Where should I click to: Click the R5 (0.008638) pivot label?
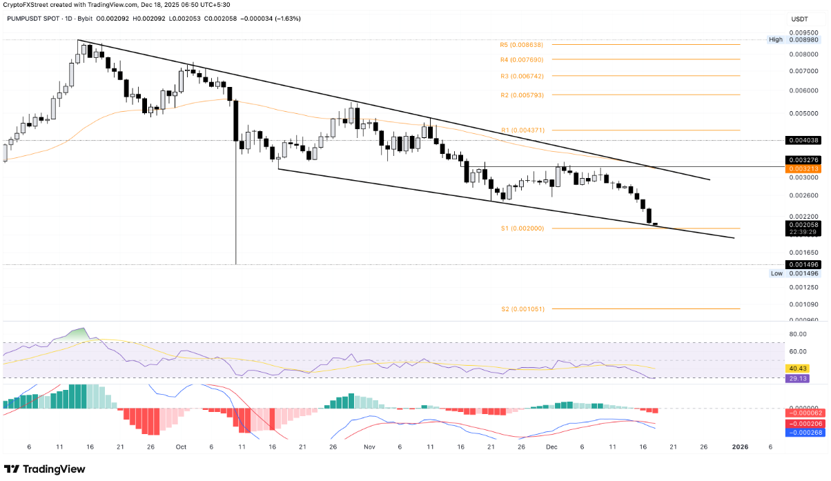point(522,45)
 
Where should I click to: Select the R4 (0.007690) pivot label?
point(522,60)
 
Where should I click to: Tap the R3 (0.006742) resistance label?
point(522,76)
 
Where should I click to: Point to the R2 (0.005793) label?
point(522,95)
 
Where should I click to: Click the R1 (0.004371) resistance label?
point(522,130)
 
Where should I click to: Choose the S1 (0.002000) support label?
point(522,228)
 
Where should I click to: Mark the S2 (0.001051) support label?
point(522,309)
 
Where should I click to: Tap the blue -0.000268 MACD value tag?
point(803,433)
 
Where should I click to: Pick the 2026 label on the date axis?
point(740,447)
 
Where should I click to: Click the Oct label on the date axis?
point(182,447)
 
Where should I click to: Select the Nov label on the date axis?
point(370,447)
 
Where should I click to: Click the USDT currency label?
point(799,19)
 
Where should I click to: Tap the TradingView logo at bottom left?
point(45,469)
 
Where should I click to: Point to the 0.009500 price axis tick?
point(803,32)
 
